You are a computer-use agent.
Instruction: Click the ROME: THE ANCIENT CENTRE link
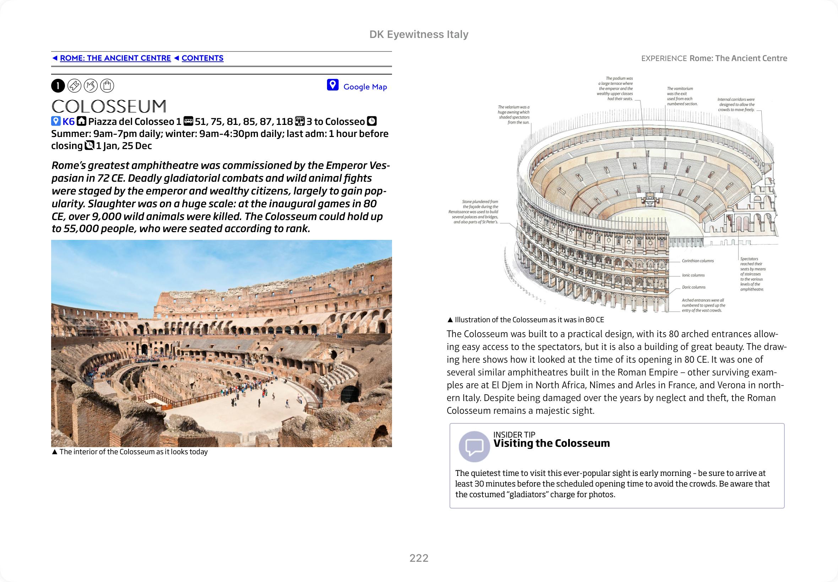coord(115,58)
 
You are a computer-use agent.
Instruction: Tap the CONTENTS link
coord(202,58)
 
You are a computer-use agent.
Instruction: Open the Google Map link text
coord(365,87)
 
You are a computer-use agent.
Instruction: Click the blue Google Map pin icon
coord(332,85)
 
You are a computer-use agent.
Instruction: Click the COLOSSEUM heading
coord(109,106)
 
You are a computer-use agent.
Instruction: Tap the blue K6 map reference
coord(68,121)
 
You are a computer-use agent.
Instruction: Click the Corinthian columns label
coord(697,261)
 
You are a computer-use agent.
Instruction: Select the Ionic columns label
coord(693,275)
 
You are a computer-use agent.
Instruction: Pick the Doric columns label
coord(693,287)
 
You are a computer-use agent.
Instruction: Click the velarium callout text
coord(514,115)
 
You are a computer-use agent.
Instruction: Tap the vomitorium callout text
coord(681,96)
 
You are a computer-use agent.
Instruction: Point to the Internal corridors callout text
coord(736,104)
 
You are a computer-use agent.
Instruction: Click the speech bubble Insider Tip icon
coord(474,446)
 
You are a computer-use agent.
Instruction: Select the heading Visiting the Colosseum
coord(551,444)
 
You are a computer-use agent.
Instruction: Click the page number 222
coord(419,558)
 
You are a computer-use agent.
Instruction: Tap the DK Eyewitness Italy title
coord(419,34)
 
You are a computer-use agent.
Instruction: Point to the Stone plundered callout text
coord(474,212)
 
